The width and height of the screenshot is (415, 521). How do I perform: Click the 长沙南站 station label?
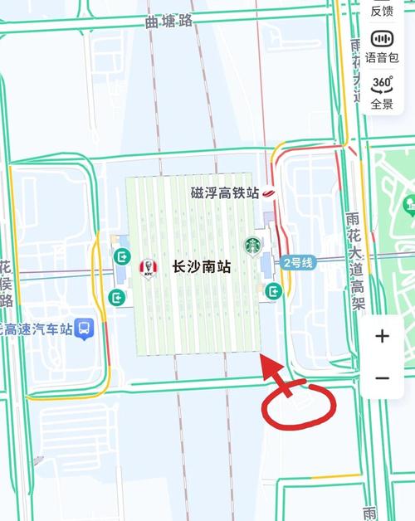pyautogui.click(x=201, y=267)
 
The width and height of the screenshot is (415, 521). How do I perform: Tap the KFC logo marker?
pyautogui.click(x=149, y=267)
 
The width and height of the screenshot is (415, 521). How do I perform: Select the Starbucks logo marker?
pyautogui.click(x=252, y=246)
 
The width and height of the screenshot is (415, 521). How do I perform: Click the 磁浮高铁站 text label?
pyautogui.click(x=225, y=192)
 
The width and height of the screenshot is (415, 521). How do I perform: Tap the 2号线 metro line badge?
pyautogui.click(x=297, y=263)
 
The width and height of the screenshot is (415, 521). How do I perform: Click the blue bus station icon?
pyautogui.click(x=84, y=329)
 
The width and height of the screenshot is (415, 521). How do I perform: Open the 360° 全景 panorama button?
pyautogui.click(x=382, y=92)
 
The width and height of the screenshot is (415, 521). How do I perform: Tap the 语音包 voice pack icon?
pyautogui.click(x=382, y=46)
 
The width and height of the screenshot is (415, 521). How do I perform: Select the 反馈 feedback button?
pyautogui.click(x=382, y=11)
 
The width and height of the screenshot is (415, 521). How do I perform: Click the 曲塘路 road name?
pyautogui.click(x=168, y=22)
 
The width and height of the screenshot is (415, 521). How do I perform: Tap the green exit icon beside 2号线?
pyautogui.click(x=273, y=290)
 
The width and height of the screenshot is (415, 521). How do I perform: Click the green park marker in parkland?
pyautogui.click(x=408, y=203)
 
